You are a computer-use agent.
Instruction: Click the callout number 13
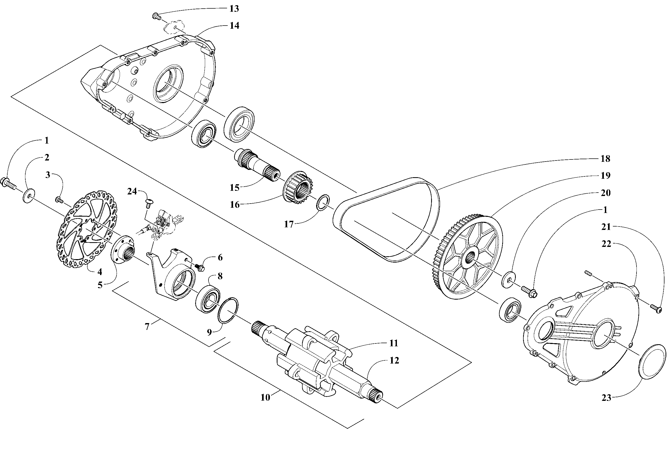pos(234,9)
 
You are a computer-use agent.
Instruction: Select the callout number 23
pos(606,398)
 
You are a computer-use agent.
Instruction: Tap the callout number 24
pos(132,191)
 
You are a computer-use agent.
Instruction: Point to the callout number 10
pos(265,397)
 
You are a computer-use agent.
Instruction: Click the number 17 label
pos(289,224)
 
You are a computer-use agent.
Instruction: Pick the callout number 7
pos(147,327)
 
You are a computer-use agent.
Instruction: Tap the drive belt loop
pos(387,219)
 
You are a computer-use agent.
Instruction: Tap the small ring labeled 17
pos(323,203)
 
